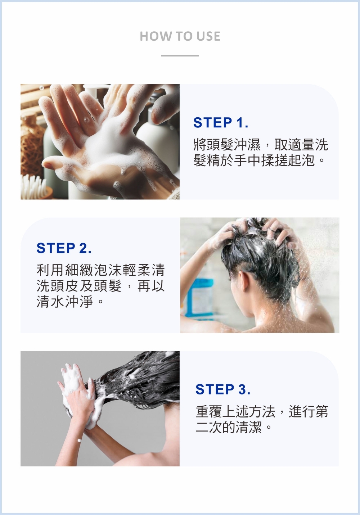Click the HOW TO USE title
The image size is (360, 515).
pyautogui.click(x=180, y=36)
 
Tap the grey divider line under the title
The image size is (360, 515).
pyautogui.click(x=180, y=56)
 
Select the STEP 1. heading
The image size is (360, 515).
pyautogui.click(x=221, y=122)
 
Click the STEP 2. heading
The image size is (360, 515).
pyautogui.click(x=64, y=248)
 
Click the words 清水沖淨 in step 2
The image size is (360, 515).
pyautogui.click(x=65, y=302)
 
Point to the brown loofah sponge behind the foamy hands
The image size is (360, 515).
pyautogui.click(x=31, y=149)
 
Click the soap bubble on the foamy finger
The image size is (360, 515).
pyautogui.click(x=86, y=120)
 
